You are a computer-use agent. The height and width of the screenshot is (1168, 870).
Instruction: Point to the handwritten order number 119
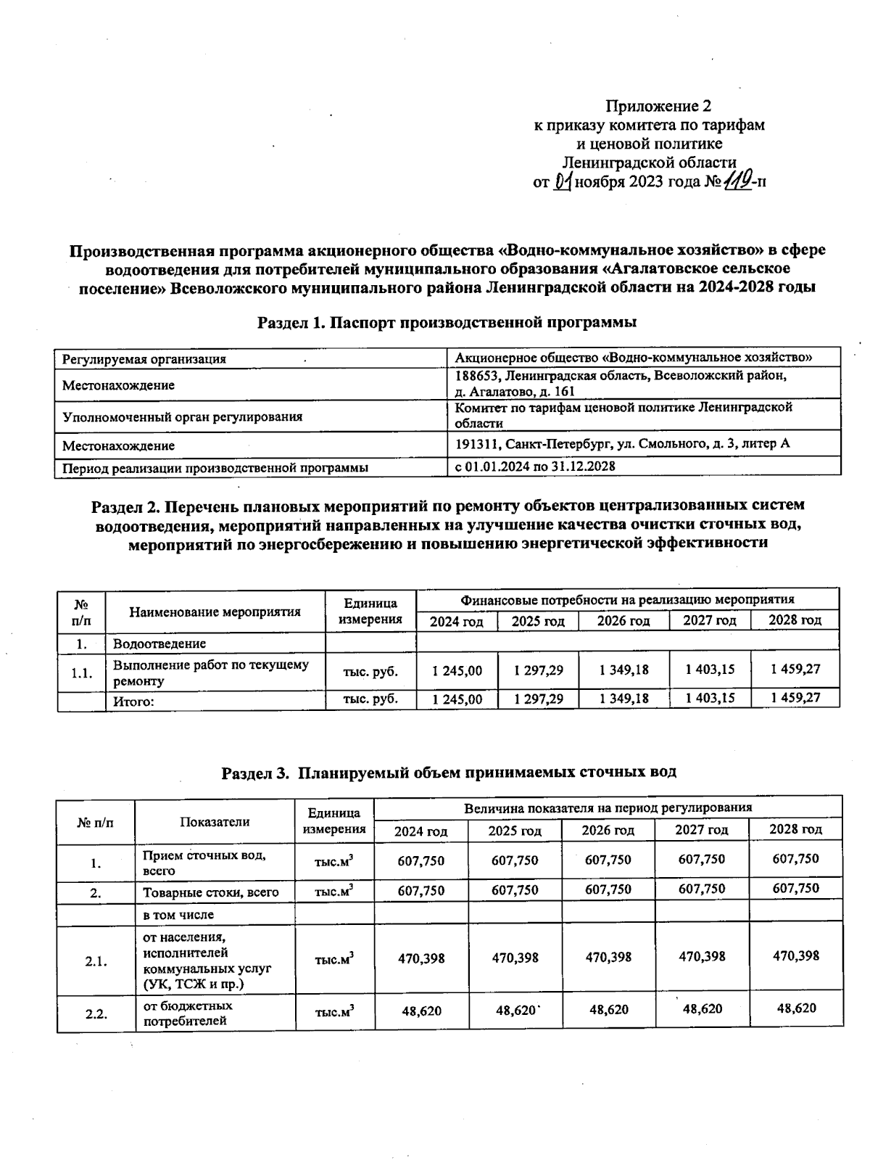(x=737, y=178)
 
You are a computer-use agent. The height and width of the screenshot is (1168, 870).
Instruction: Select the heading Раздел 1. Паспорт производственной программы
(x=447, y=322)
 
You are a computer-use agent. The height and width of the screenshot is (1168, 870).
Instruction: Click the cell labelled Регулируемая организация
(x=144, y=359)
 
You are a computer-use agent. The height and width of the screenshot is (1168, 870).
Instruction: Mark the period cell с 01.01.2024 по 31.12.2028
(x=535, y=466)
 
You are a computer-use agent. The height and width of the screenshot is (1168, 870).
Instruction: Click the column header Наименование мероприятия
(x=215, y=612)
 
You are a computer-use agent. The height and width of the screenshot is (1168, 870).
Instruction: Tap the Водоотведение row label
(x=159, y=643)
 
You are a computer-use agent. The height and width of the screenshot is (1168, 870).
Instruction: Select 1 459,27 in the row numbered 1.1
(x=795, y=670)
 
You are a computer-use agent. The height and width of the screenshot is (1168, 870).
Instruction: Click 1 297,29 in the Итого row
(x=538, y=699)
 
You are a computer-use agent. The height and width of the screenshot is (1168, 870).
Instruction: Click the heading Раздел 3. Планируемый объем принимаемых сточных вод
(x=449, y=772)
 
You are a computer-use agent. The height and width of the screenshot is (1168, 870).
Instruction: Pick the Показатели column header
(x=215, y=821)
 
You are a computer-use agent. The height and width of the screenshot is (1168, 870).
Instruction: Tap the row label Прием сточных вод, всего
(x=204, y=863)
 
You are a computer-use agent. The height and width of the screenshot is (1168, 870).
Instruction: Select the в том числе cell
(x=178, y=915)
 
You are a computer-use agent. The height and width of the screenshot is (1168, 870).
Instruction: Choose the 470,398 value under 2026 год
(x=608, y=958)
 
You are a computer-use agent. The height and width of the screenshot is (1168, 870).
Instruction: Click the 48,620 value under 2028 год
(x=796, y=1008)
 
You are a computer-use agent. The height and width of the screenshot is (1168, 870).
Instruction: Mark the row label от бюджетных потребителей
(x=188, y=1013)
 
